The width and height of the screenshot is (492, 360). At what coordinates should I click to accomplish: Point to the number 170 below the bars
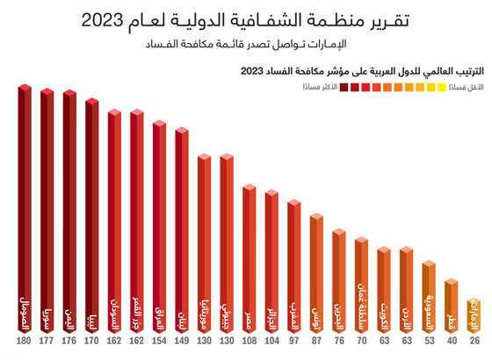point(91,341)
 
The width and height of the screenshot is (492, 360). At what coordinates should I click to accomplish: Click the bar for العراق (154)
point(159,228)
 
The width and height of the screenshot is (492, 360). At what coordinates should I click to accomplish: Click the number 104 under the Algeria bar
point(271,341)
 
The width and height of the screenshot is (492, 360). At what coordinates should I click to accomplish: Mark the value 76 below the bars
point(339,341)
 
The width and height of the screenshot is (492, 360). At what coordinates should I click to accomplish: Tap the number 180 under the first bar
point(25,341)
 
